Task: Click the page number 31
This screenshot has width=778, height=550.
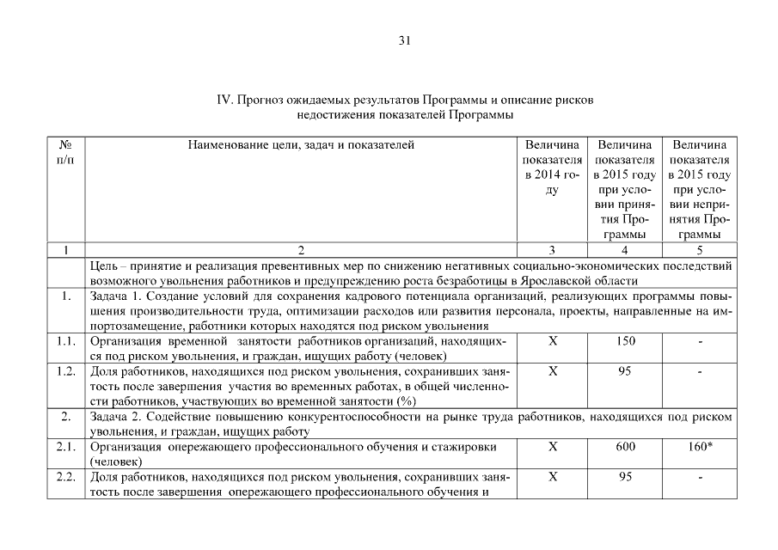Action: click(x=406, y=40)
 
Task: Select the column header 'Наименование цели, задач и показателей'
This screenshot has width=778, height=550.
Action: click(x=301, y=144)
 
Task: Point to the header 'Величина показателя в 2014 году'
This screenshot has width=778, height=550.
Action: click(x=553, y=168)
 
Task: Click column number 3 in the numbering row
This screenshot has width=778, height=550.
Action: click(x=553, y=250)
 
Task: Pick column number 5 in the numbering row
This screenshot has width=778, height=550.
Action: click(x=700, y=250)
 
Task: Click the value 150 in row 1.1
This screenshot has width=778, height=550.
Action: click(x=626, y=341)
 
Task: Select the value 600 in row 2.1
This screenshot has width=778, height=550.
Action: click(x=626, y=447)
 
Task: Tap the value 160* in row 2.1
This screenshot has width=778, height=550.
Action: click(x=700, y=447)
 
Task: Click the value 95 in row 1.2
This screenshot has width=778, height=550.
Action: click(x=626, y=372)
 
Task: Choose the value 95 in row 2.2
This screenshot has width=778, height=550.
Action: click(x=626, y=478)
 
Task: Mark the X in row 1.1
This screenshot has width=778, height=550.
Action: click(x=553, y=341)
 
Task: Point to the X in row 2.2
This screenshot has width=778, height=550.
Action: click(x=553, y=478)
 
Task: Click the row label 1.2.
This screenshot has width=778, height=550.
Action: click(x=64, y=372)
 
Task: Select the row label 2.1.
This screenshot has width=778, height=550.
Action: click(x=64, y=447)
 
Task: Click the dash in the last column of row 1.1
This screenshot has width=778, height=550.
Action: click(x=700, y=342)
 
